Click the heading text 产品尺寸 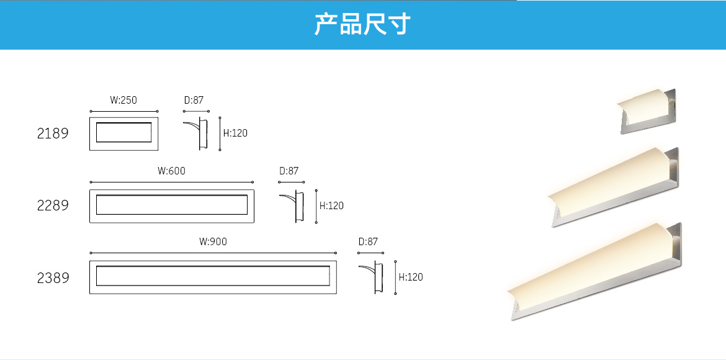click(x=362, y=25)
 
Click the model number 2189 click(x=53, y=133)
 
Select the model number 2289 click(x=53, y=205)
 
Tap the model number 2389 click(x=53, y=278)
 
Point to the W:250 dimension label click(x=123, y=100)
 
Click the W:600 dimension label click(x=171, y=171)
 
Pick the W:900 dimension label click(x=213, y=242)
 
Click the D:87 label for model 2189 click(x=194, y=100)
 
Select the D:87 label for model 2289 click(x=289, y=171)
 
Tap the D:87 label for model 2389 click(x=368, y=242)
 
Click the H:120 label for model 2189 click(x=235, y=133)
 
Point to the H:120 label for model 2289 click(x=331, y=205)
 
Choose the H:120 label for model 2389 click(x=410, y=277)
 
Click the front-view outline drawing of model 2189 click(x=124, y=133)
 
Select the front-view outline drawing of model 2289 click(x=172, y=205)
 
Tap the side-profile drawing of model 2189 click(x=197, y=133)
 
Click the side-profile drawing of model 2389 click(x=373, y=277)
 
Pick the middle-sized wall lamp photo click(x=614, y=186)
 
